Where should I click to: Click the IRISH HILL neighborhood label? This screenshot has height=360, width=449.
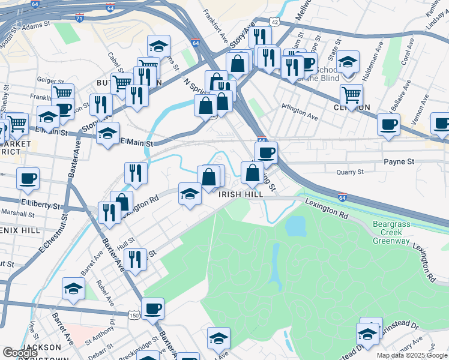pyautogui.click(x=241, y=195)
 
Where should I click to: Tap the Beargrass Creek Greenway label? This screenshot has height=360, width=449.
pyautogui.click(x=391, y=233)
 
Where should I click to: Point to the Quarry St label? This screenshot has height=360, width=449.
pyautogui.click(x=351, y=172)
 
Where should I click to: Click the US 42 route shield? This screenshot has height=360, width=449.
pyautogui.click(x=274, y=22)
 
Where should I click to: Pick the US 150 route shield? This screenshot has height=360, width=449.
pyautogui.click(x=133, y=314)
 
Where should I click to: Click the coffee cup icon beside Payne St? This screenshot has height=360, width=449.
pyautogui.click(x=267, y=151)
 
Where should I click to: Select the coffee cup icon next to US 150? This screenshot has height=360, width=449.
pyautogui.click(x=154, y=308)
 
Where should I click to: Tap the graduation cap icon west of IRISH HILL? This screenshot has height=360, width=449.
pyautogui.click(x=190, y=193)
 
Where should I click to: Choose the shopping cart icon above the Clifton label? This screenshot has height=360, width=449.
pyautogui.click(x=351, y=94)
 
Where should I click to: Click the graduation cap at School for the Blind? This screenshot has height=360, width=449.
pyautogui.click(x=348, y=61)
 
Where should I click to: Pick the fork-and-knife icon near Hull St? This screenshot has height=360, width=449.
pyautogui.click(x=136, y=259)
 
